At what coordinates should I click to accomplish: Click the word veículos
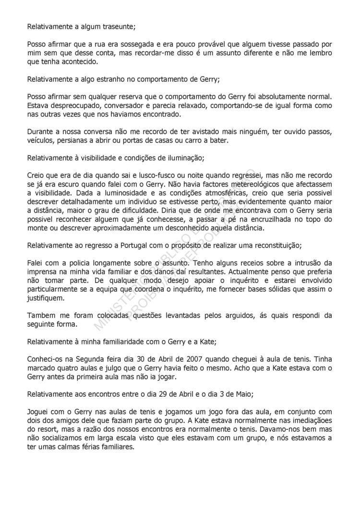pos(40,140)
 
